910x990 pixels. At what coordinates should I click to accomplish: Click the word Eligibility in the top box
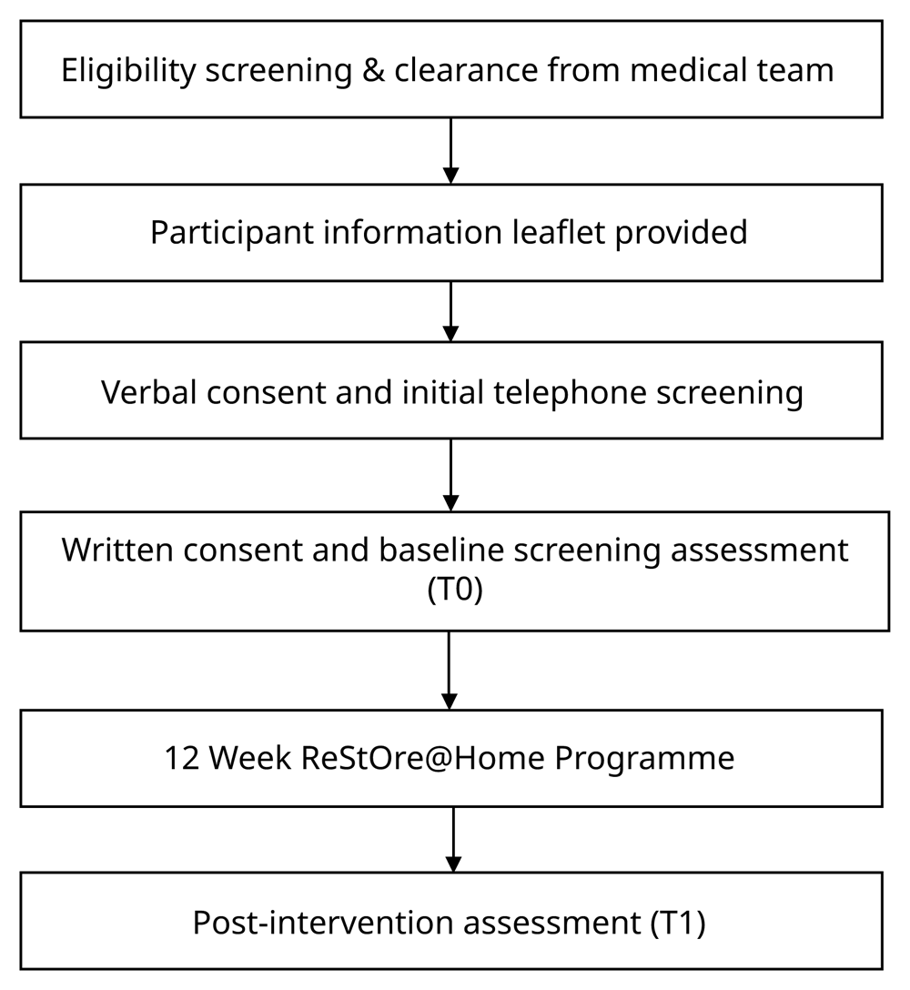[x=128, y=70]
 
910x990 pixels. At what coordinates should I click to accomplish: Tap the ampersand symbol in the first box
[x=373, y=69]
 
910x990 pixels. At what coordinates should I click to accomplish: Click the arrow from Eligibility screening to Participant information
[x=450, y=151]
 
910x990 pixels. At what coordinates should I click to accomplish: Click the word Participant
[x=232, y=232]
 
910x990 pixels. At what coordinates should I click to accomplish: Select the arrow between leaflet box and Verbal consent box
[x=450, y=311]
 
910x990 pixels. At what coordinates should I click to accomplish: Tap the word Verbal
[x=149, y=392]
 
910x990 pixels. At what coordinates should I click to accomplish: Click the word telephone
[x=570, y=392]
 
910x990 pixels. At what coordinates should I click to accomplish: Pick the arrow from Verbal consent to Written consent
[x=450, y=475]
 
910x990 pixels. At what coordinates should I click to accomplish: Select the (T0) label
[x=455, y=590]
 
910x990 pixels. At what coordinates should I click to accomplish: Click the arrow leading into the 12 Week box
[x=449, y=671]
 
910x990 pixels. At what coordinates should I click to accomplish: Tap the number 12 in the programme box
[x=182, y=758]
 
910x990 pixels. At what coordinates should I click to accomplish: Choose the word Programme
[x=644, y=758]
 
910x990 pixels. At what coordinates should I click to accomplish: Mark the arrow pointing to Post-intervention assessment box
[x=453, y=840]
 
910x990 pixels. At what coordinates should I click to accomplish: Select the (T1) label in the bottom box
[x=678, y=923]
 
